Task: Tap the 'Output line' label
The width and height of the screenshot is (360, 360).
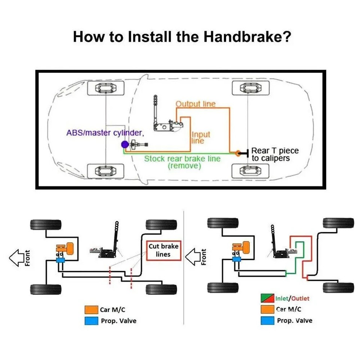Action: coord(196,104)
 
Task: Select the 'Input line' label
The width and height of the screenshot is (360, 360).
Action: coord(201,137)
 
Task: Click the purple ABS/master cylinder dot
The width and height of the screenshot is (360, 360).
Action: coord(124,144)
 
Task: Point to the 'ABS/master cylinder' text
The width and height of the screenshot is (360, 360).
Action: coord(105,133)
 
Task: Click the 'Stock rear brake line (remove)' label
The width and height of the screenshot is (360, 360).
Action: coord(183,162)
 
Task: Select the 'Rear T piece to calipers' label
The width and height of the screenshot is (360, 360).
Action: coord(275,154)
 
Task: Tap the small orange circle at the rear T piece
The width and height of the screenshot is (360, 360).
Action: coord(237,153)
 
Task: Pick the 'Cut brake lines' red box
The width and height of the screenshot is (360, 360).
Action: coord(163,250)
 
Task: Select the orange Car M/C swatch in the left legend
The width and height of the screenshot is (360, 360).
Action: coord(91,310)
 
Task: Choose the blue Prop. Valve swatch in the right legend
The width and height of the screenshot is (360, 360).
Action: coord(267,321)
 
